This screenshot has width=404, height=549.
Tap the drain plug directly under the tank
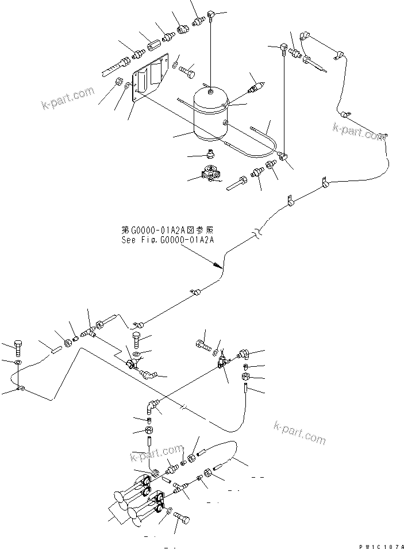coord(210,154)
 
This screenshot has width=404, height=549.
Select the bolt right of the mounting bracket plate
coord(188,73)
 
